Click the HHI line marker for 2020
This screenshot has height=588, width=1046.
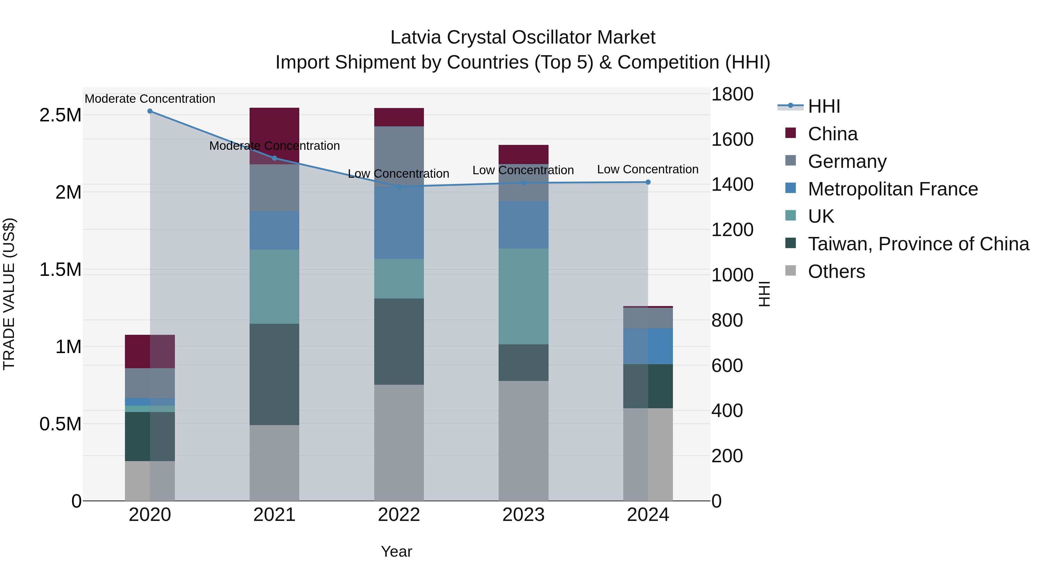click(x=150, y=111)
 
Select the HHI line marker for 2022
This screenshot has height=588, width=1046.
click(x=399, y=187)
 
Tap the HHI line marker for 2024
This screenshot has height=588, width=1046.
click(x=648, y=182)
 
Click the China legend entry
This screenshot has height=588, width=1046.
click(x=832, y=134)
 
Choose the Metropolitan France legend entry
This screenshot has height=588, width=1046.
click(x=893, y=189)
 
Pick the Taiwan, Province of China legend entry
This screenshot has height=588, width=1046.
click(x=918, y=244)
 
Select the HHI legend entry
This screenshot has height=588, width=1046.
click(x=824, y=106)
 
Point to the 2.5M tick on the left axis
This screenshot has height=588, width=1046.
click(x=60, y=115)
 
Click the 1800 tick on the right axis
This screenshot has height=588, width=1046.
click(x=732, y=94)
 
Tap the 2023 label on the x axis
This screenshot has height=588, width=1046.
click(x=523, y=515)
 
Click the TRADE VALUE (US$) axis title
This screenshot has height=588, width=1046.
click(x=9, y=294)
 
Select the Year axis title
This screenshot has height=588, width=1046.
click(x=396, y=551)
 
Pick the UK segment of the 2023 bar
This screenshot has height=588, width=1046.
click(x=523, y=296)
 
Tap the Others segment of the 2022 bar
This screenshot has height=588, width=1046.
click(x=399, y=442)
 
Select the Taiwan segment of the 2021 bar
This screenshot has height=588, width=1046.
click(x=275, y=374)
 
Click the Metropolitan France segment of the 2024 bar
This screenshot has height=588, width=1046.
click(x=648, y=346)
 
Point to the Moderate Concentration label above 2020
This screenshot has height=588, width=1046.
click(x=150, y=99)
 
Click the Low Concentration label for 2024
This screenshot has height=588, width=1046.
click(x=648, y=169)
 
